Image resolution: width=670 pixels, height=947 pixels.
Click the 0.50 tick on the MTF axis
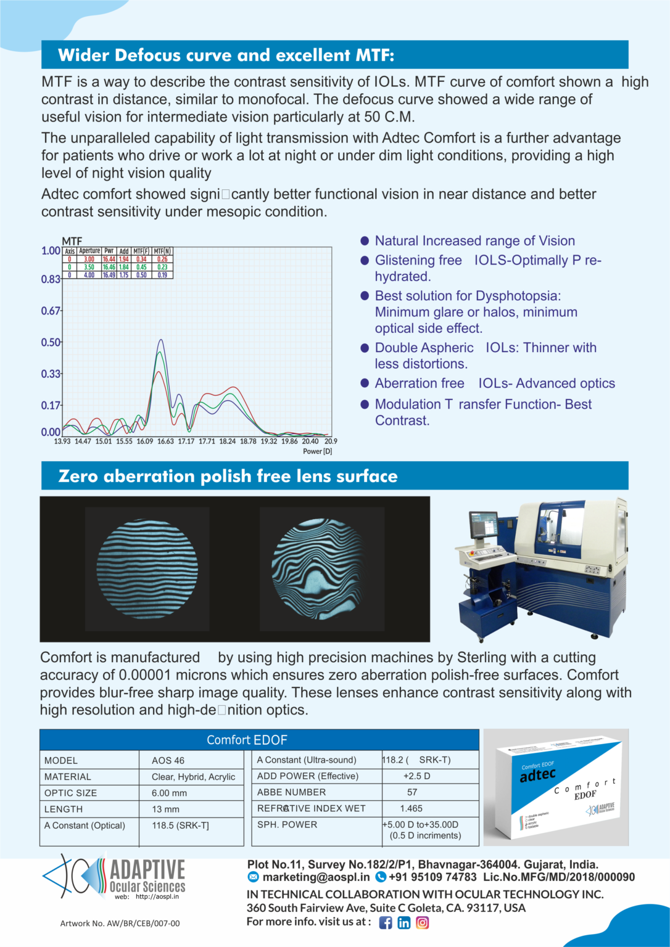pyautogui.click(x=51, y=342)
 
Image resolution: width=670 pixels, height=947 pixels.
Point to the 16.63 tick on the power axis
pyautogui.click(x=165, y=441)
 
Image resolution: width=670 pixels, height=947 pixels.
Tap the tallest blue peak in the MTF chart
pyautogui.click(x=161, y=340)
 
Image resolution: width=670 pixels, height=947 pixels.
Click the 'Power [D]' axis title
pyautogui.click(x=317, y=451)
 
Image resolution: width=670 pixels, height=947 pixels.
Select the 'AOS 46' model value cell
pyautogui.click(x=168, y=760)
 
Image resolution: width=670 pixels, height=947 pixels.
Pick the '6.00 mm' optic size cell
pyautogui.click(x=169, y=793)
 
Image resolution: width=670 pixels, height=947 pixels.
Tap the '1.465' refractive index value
pyautogui.click(x=412, y=808)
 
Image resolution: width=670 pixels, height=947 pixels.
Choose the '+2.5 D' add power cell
pyautogui.click(x=416, y=776)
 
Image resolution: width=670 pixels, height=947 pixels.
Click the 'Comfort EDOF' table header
pyautogui.click(x=247, y=740)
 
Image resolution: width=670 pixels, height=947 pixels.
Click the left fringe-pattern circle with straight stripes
pyautogui.click(x=147, y=569)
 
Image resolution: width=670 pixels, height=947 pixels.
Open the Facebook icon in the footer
pyautogui.click(x=386, y=922)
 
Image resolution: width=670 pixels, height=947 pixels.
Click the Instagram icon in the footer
pyautogui.click(x=423, y=922)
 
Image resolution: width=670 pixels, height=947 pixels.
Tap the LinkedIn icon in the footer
pyautogui.click(x=404, y=922)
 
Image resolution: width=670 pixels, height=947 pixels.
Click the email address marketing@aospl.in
pyautogui.click(x=316, y=877)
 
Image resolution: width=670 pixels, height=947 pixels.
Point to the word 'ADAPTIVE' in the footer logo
pyautogui.click(x=147, y=870)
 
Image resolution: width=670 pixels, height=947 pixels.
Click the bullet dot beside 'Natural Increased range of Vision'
pyautogui.click(x=365, y=241)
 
